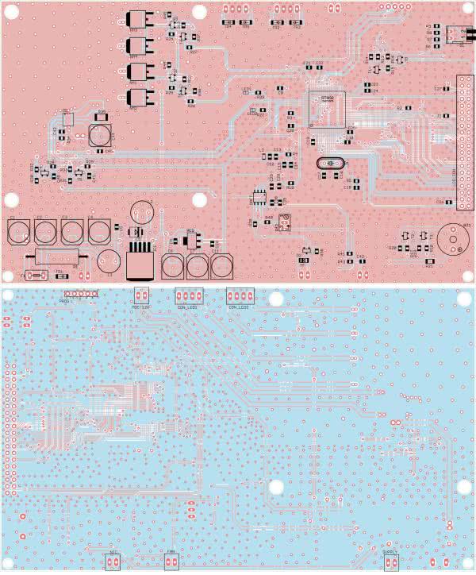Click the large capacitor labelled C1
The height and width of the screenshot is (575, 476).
tap(17, 230)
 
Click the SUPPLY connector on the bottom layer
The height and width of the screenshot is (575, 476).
tap(390, 562)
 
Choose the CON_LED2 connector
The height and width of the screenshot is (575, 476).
tap(240, 295)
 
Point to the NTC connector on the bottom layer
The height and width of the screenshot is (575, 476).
tap(112, 561)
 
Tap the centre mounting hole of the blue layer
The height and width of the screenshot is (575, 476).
tap(276, 487)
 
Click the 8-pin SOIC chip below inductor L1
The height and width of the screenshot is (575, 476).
tap(259, 196)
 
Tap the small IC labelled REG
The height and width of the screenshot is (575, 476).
tap(190, 240)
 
